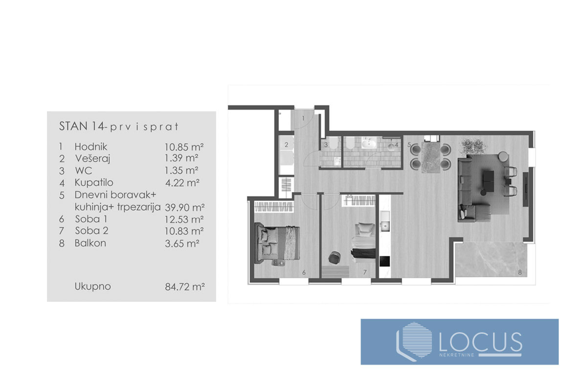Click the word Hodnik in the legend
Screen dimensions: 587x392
click(90, 147)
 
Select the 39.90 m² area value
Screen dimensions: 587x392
click(185, 207)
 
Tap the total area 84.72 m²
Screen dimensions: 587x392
click(185, 287)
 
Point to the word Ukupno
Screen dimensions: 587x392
click(93, 287)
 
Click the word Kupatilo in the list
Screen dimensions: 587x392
click(94, 182)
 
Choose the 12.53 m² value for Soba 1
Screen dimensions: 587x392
click(184, 219)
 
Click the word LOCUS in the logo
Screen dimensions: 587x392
click(480, 342)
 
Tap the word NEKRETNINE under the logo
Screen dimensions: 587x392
click(457, 355)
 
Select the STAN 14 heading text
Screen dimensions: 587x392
click(82, 126)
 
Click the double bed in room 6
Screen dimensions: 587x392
click(277, 243)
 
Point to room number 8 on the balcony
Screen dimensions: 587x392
click(519, 272)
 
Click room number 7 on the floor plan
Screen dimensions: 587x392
click(365, 272)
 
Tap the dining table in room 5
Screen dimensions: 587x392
click(431, 157)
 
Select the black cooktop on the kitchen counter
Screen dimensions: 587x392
click(384, 261)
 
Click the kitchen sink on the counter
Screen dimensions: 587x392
click(385, 226)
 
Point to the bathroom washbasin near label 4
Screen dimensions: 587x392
click(369, 144)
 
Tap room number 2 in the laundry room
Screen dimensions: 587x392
click(286, 145)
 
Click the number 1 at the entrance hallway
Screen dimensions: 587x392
click(303, 119)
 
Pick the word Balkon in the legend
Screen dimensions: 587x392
click(90, 243)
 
